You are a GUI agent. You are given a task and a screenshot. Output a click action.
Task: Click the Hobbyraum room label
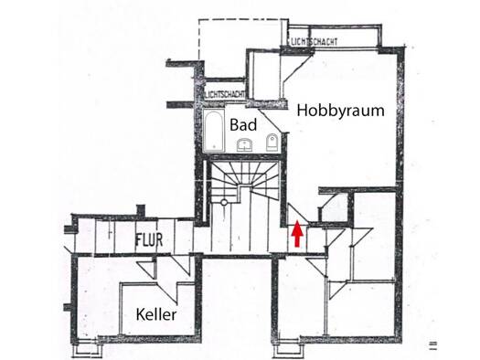(340, 111)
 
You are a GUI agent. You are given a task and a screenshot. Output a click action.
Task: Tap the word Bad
(243, 125)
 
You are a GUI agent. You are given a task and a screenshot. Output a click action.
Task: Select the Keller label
(156, 314)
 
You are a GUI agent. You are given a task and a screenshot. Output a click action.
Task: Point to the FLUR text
(149, 240)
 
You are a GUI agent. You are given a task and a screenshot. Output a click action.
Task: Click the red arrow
(297, 233)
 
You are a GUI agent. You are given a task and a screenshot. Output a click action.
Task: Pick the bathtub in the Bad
(214, 131)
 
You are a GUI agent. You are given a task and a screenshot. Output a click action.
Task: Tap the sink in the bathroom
(244, 144)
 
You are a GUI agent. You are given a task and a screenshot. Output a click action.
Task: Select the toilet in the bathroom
(272, 143)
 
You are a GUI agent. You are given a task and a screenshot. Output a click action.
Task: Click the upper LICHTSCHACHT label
(315, 42)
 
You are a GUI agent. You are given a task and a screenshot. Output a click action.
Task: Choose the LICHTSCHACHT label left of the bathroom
(225, 94)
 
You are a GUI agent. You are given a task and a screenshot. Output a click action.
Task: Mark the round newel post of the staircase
(224, 202)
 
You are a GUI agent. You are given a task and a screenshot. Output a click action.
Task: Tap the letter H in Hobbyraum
(302, 110)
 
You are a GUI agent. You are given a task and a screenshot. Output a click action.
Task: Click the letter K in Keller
(140, 314)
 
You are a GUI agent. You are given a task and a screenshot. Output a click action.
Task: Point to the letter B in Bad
(234, 125)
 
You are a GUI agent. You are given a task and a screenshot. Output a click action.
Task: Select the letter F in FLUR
(138, 240)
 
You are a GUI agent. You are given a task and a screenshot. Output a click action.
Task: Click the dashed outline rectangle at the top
(199, 40)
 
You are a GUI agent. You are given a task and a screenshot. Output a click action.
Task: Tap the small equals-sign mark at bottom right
(432, 345)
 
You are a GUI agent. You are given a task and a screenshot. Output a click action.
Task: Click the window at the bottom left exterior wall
(86, 348)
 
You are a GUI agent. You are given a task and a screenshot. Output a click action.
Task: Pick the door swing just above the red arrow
(297, 214)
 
